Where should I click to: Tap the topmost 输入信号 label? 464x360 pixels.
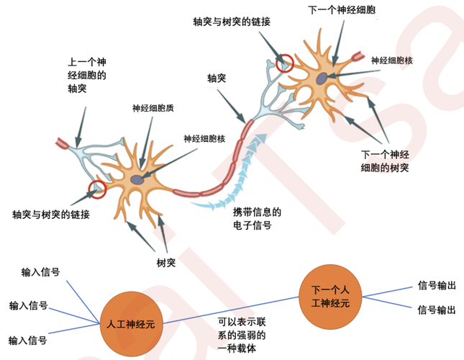point(40,272)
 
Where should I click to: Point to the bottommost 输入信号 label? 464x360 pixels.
point(28,340)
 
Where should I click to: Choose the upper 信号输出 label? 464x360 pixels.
point(437,285)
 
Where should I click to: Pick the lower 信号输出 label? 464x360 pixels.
point(437,310)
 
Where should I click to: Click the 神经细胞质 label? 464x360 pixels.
point(153,109)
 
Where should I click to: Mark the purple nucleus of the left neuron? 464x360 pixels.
point(137,179)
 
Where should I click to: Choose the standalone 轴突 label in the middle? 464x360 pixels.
point(217,77)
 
